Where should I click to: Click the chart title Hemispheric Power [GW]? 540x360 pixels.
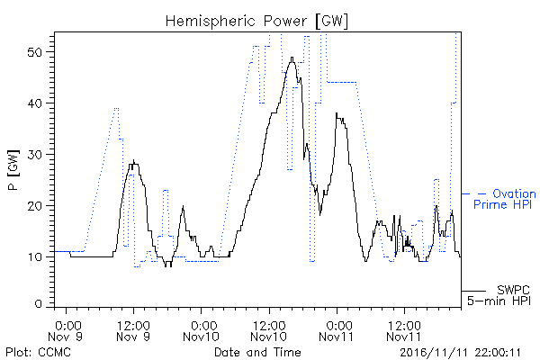tap(256, 22)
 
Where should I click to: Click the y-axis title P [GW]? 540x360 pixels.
tap(13, 170)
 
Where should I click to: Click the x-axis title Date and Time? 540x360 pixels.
tap(257, 352)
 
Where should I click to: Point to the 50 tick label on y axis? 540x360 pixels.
tap(34, 52)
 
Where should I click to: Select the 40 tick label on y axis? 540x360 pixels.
tap(34, 103)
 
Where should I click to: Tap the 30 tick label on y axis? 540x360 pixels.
tap(34, 154)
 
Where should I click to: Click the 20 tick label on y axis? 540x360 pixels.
tap(34, 206)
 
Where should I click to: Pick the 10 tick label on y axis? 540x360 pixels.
tap(34, 257)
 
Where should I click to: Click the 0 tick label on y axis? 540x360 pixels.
tap(38, 304)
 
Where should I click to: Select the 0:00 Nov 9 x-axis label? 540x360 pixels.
tap(66, 330)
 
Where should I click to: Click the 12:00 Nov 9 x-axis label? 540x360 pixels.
tap(133, 330)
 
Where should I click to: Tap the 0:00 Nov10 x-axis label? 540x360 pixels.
tap(201, 330)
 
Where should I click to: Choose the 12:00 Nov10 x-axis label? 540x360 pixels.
tap(269, 330)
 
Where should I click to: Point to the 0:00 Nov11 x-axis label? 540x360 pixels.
tap(337, 330)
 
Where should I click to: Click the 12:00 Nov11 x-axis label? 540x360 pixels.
tap(404, 330)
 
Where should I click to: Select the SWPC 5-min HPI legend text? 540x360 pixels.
tap(499, 295)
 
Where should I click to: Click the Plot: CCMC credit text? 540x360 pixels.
tap(38, 352)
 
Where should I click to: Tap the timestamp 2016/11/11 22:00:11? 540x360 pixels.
tap(460, 353)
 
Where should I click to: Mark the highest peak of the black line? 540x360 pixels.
tap(292, 58)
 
